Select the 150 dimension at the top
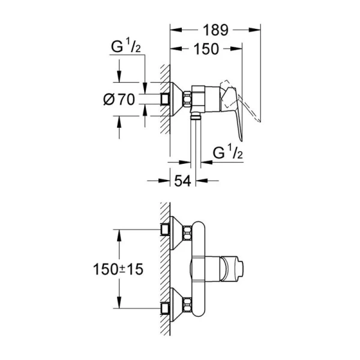206,50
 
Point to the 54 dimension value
183,181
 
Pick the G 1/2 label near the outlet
228,153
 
